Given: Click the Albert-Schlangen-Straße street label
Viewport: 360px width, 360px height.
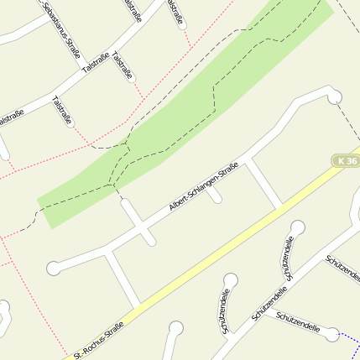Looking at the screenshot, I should (x=204, y=186).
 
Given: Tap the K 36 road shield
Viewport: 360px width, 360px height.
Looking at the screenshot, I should (x=345, y=160).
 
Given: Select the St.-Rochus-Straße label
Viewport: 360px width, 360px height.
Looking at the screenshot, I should (x=99, y=339).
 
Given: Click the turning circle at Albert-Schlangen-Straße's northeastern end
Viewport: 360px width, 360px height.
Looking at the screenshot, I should (x=335, y=97).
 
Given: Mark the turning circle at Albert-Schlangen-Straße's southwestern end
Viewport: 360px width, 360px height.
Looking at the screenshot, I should (x=54, y=269).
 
